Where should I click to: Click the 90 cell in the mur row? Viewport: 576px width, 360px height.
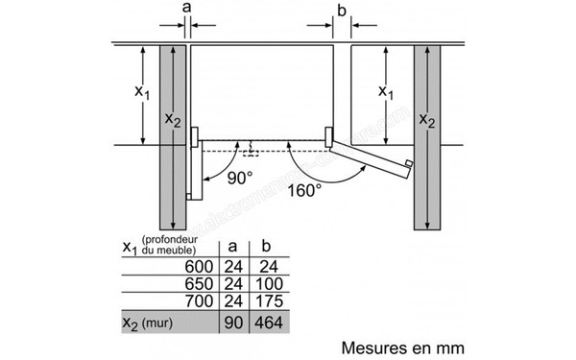pyautogui.click(x=230, y=324)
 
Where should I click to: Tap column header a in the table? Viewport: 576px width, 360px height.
pyautogui.click(x=230, y=246)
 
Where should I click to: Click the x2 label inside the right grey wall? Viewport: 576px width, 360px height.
pyautogui.click(x=427, y=122)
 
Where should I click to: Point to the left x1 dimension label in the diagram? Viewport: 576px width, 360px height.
pyautogui.click(x=141, y=92)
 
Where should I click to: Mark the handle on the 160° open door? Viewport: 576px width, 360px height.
pyautogui.click(x=410, y=166)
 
